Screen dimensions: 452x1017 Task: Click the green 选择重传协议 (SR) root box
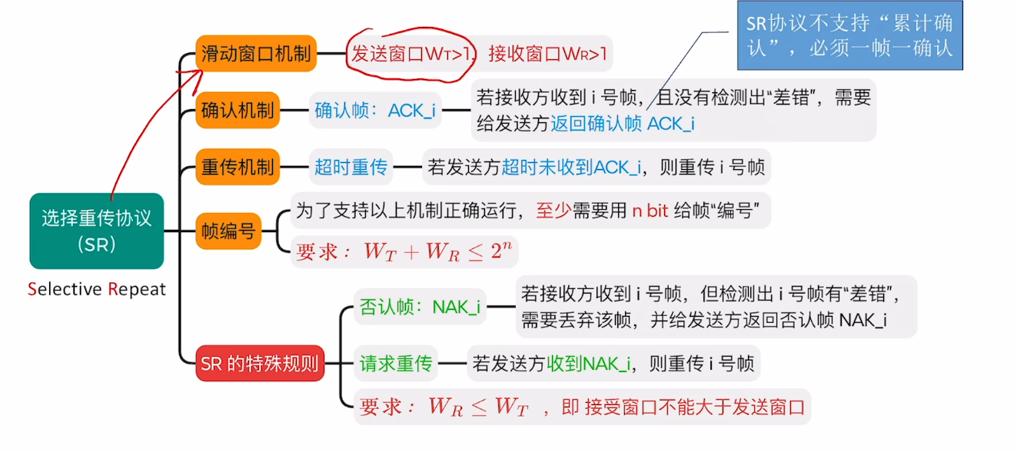[x=97, y=231]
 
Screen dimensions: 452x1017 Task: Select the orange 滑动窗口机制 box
[x=256, y=54]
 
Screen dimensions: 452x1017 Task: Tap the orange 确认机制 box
[x=238, y=110]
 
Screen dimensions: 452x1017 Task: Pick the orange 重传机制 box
[x=238, y=167]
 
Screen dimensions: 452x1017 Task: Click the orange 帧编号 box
[x=228, y=231]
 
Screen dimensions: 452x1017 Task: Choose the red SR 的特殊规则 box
[x=260, y=363]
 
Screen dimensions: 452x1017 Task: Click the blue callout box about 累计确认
[x=849, y=36]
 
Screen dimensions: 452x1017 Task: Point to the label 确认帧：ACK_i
[x=375, y=110]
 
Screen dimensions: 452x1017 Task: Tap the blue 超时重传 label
[x=351, y=167]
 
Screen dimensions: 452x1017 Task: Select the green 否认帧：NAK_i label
[x=420, y=307]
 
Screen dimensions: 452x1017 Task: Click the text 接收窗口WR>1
[x=547, y=54]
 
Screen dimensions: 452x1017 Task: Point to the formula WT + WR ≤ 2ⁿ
[x=435, y=251]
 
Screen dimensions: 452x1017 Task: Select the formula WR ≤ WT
[x=478, y=406]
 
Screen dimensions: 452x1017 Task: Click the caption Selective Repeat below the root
[x=97, y=289]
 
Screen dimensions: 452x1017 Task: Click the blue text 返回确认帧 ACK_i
[x=623, y=124]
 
